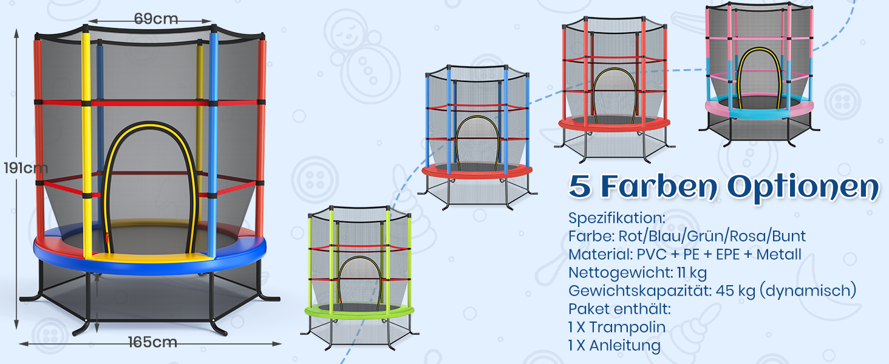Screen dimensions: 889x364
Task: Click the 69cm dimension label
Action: pos(156,19)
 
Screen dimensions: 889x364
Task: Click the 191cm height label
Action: pos(26,168)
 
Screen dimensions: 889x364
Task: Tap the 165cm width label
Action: pos(153,342)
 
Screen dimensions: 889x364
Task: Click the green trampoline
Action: pos(359,278)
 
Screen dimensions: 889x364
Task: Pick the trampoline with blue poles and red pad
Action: pos(477,137)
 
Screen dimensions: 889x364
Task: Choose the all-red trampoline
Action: pos(614,89)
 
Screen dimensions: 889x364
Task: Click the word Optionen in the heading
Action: pos(803,187)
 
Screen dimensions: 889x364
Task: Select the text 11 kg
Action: pos(692,273)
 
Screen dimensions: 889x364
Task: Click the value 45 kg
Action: pos(735,291)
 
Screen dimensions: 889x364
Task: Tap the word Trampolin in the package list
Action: pos(627,327)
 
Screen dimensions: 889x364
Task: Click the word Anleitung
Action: pos(625,345)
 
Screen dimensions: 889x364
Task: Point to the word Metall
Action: pos(778,254)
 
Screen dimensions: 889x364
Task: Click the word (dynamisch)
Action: pos(808,291)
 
